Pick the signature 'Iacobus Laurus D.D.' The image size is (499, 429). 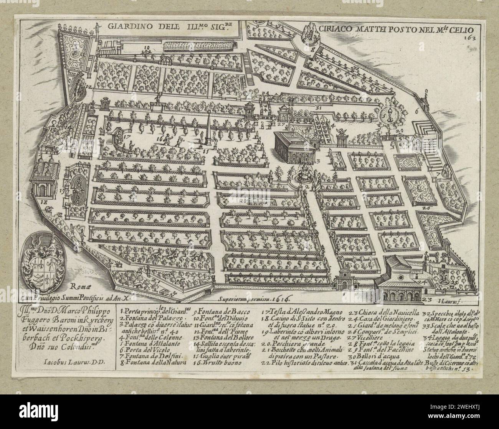pos(72,361)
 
